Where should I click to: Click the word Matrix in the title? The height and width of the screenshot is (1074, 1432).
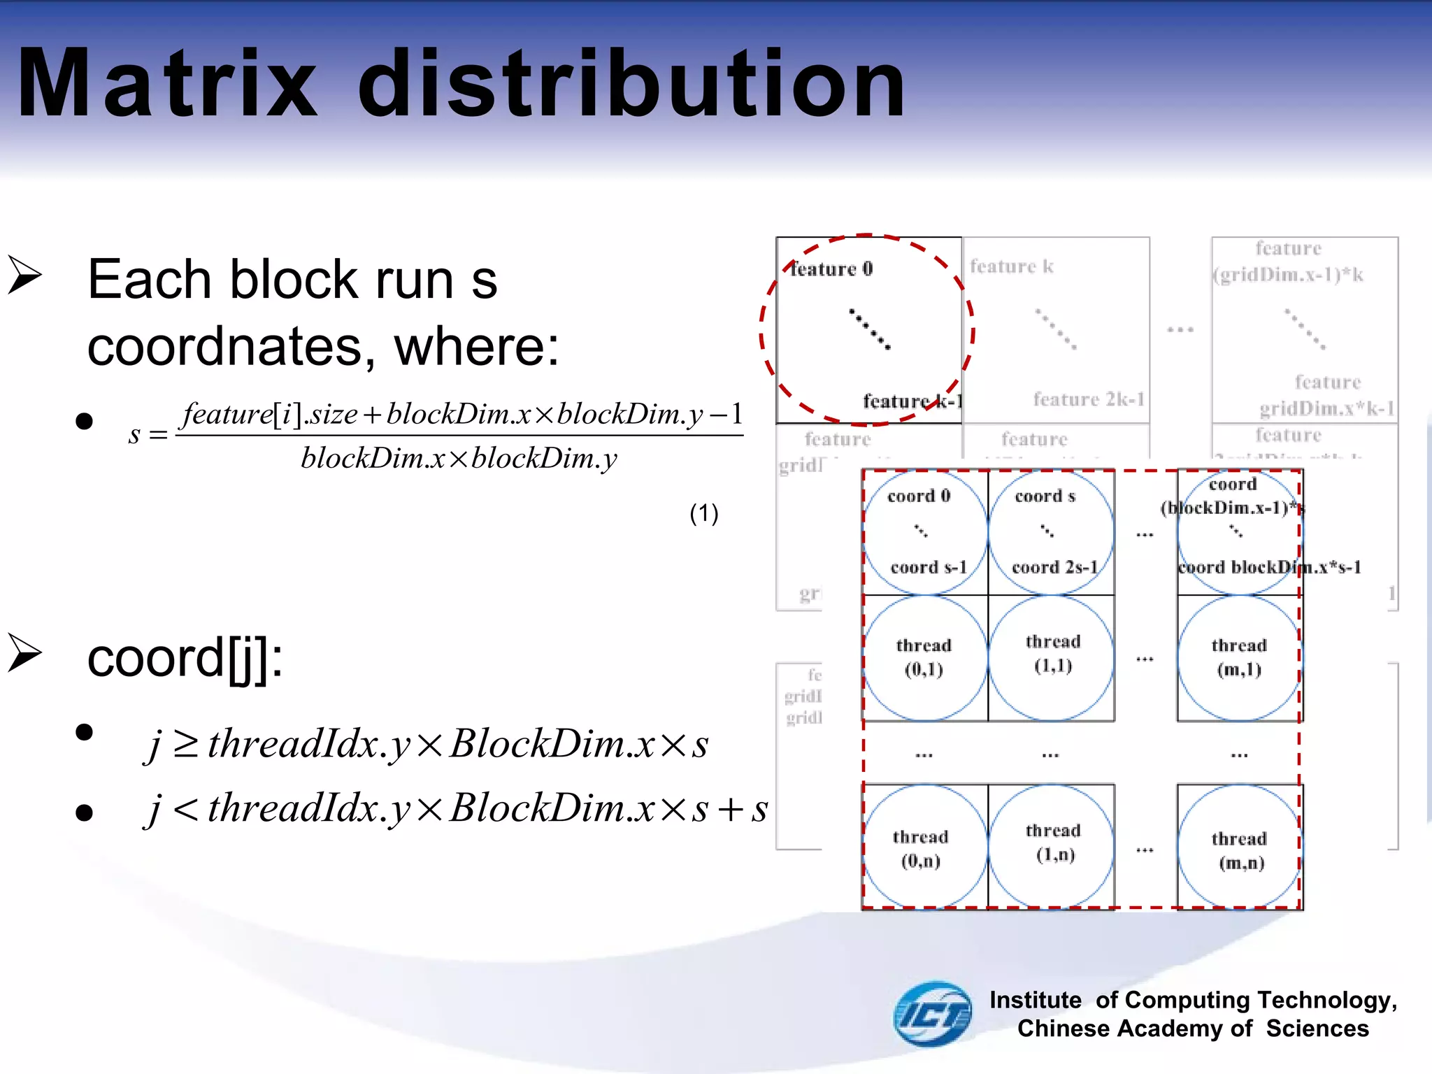point(168,84)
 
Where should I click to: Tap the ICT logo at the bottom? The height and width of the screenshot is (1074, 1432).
point(932,1014)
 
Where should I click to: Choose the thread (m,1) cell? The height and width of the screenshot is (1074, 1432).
point(1239,657)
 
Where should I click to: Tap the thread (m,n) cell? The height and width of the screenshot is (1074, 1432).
point(1240,850)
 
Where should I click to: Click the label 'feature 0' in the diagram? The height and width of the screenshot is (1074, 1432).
point(831,269)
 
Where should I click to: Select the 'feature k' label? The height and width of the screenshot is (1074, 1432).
point(1011,266)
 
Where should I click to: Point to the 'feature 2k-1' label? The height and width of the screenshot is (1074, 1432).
point(1089,399)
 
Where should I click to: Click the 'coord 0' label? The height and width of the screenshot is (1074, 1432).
point(919,496)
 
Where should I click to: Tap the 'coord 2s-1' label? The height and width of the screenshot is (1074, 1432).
point(1054,567)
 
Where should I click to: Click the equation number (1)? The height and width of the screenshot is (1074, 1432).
point(703,514)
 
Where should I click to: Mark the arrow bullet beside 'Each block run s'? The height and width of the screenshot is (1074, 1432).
point(26,275)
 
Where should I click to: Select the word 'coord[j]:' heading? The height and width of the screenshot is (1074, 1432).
point(185,658)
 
